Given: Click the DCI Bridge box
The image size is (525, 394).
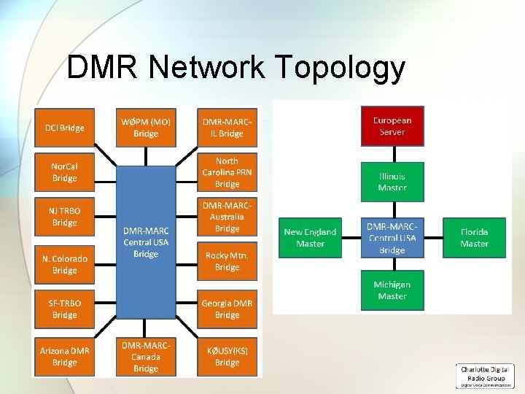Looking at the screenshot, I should [64, 128].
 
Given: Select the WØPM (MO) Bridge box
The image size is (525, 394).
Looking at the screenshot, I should [146, 128].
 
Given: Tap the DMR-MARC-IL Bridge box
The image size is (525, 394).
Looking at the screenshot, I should [227, 128].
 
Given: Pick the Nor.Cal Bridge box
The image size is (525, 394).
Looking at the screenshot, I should [64, 172].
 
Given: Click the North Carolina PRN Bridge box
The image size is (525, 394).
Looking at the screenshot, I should [227, 172].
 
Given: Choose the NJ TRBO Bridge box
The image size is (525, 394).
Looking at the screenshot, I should [64, 217].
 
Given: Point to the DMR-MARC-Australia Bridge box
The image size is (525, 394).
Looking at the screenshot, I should [227, 217].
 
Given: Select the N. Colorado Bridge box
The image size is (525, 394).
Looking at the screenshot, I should [64, 264].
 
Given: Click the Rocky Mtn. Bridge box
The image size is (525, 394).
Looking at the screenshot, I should [227, 261].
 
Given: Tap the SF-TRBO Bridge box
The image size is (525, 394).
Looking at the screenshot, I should [64, 309].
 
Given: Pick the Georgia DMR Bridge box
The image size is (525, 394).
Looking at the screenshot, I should [227, 309].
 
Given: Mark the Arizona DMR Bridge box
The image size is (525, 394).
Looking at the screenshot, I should [64, 356].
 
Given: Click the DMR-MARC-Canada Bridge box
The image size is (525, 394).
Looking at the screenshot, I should [146, 356].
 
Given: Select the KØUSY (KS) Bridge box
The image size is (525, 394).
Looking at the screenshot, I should [227, 356].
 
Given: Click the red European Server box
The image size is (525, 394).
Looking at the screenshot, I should [392, 126].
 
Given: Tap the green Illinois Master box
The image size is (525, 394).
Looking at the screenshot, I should [392, 182].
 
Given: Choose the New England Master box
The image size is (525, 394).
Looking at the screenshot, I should [310, 237].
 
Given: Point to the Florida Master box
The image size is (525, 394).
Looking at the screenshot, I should [474, 237].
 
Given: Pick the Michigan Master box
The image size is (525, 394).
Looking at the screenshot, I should [392, 290].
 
